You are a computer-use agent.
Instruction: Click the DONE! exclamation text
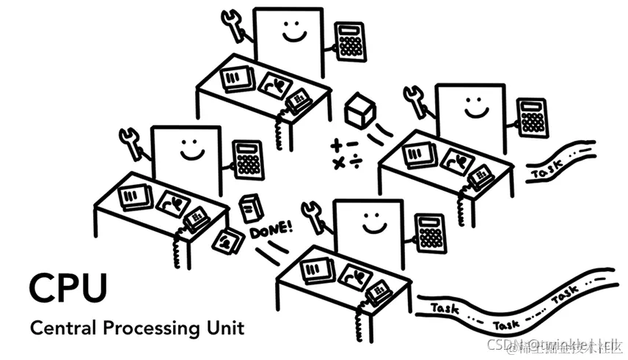click(271, 229)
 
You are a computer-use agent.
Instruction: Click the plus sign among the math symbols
click(337, 144)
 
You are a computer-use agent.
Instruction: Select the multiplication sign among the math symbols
click(338, 163)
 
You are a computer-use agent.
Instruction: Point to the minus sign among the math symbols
click(354, 144)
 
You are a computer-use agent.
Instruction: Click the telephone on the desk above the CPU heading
click(195, 216)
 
